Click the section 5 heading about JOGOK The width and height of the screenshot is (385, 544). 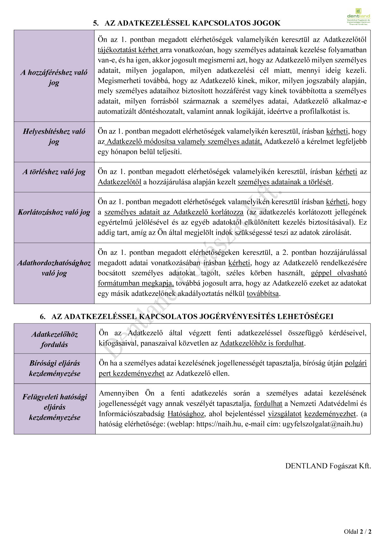pyautogui.click(x=187, y=23)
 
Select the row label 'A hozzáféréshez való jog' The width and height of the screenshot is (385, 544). pyautogui.click(x=54, y=77)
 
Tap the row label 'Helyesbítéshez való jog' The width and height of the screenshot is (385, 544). pyautogui.click(x=54, y=136)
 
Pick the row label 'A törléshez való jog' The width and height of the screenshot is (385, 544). pyautogui.click(x=54, y=172)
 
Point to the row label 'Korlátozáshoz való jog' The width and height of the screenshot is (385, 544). pyautogui.click(x=54, y=212)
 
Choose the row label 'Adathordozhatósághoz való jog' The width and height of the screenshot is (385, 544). pyautogui.click(x=54, y=268)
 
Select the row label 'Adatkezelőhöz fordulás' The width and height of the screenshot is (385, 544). pyautogui.click(x=55, y=339)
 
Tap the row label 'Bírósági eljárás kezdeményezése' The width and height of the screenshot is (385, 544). pyautogui.click(x=55, y=368)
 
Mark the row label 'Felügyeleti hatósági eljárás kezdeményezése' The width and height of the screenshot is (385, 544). pyautogui.click(x=55, y=407)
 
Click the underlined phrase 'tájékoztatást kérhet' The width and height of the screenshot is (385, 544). pyautogui.click(x=128, y=50)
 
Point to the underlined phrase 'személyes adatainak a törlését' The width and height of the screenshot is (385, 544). pyautogui.click(x=284, y=182)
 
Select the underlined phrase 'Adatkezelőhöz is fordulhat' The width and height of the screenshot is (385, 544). pyautogui.click(x=262, y=343)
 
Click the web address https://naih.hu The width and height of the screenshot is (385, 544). pyautogui.click(x=219, y=424)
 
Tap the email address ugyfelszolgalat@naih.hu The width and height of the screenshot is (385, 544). pyautogui.click(x=322, y=424)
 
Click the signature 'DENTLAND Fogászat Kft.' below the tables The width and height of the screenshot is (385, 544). pyautogui.click(x=328, y=466)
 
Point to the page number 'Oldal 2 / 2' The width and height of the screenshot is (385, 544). pyautogui.click(x=357, y=532)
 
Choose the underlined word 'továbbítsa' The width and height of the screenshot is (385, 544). pyautogui.click(x=262, y=294)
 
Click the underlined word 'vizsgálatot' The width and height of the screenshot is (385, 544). pyautogui.click(x=285, y=414)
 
